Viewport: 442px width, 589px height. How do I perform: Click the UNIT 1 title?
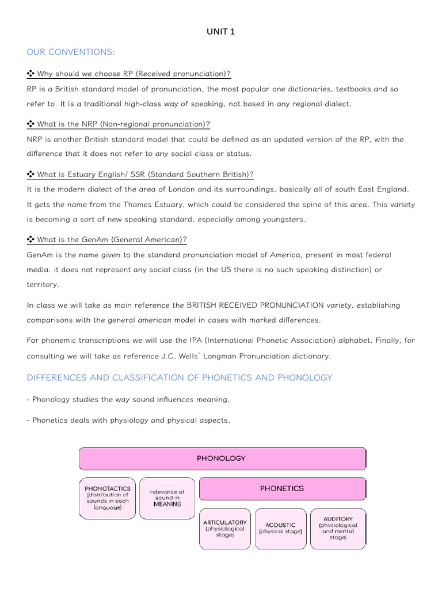coord(221,32)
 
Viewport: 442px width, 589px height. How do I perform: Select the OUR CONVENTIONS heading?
coord(71,52)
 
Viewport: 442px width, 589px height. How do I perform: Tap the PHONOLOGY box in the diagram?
coord(221,458)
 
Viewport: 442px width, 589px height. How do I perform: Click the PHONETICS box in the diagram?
coord(281,488)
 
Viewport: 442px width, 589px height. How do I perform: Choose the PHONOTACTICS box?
coord(108,498)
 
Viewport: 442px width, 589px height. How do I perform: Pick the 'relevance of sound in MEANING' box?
coord(167,498)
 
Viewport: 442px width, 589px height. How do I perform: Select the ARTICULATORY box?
coord(224,527)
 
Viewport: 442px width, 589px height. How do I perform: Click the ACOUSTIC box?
coord(280,528)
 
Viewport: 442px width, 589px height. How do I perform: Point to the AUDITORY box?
coord(338,527)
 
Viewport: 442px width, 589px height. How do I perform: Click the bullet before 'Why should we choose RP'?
coord(31,74)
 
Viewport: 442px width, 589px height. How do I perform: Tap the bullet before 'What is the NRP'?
coord(31,124)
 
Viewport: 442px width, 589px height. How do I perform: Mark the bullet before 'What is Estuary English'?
coord(31,174)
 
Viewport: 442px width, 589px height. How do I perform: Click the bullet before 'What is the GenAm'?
coord(31,240)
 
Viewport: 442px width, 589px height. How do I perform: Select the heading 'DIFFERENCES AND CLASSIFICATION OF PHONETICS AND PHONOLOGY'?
coord(180,377)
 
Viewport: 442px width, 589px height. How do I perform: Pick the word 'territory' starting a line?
coord(42,284)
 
